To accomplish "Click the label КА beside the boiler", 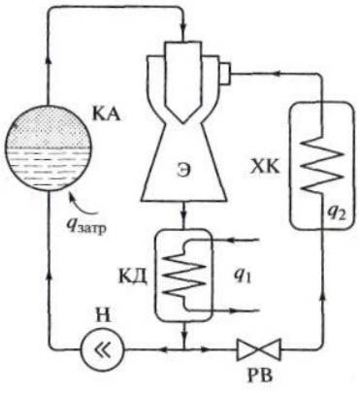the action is (107, 114).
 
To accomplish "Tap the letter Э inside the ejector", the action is (182, 172).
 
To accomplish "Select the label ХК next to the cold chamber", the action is (266, 167).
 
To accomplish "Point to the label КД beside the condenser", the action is (134, 278).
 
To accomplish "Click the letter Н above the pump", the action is (102, 316).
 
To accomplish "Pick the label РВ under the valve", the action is (259, 377).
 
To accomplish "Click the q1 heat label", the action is (243, 278).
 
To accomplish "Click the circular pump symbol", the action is (102, 349).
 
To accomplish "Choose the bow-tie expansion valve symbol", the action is (259, 349).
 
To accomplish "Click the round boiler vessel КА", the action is (48, 147).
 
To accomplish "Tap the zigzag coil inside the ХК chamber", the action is (322, 165).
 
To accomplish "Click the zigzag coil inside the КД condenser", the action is (183, 275).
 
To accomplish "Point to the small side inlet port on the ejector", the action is (225, 74).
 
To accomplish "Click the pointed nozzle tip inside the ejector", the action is (182, 122).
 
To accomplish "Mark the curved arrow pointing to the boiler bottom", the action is (84, 204).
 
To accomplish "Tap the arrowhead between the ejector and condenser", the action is (183, 214).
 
